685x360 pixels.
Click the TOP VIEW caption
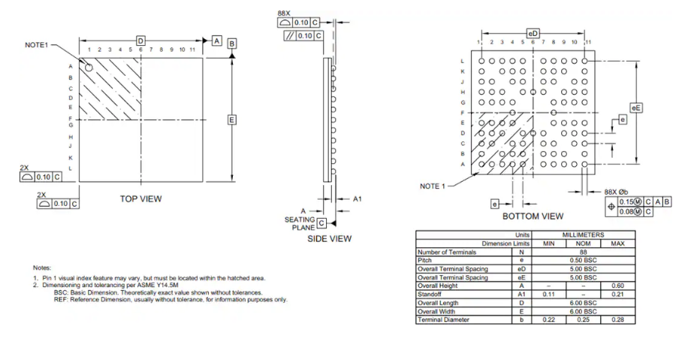140,198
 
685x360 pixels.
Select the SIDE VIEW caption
330,238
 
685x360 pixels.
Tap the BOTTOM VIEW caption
533,216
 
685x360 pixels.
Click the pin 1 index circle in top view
89,68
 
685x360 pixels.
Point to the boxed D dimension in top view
140,41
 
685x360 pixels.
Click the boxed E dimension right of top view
232,119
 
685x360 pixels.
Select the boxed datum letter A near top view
216,41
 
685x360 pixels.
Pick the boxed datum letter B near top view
232,44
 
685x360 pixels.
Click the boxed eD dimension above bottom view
533,33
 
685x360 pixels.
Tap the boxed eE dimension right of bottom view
636,107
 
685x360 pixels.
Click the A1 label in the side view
358,199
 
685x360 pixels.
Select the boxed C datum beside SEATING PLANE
321,223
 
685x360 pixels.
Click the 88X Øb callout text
617,192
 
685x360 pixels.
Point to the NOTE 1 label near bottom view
433,186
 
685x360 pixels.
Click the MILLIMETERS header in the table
583,234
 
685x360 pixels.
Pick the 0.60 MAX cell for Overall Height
617,286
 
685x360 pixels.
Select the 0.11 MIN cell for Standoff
549,294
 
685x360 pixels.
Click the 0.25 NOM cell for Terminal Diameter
583,319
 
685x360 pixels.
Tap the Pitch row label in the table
424,260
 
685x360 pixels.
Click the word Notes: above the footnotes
42,268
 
